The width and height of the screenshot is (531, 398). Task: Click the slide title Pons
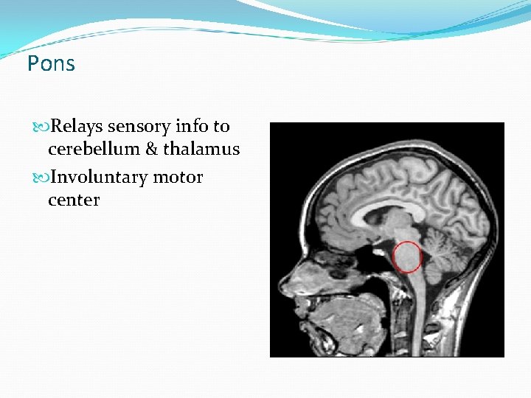(x=51, y=64)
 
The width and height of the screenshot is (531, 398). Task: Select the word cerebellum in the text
(x=94, y=149)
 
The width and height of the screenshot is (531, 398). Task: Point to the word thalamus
(x=201, y=149)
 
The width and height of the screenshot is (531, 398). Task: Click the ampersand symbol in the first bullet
(x=151, y=149)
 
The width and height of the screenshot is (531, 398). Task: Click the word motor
(x=178, y=178)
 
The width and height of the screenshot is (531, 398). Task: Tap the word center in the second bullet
(x=74, y=200)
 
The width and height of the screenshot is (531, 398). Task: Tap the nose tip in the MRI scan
(x=280, y=284)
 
